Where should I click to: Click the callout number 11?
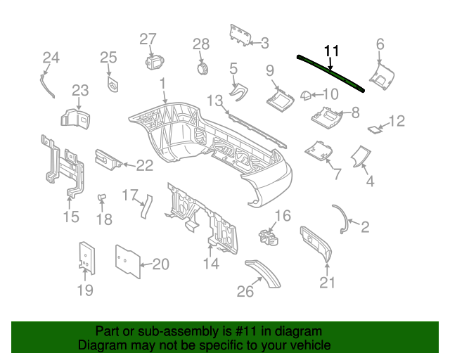[x=331, y=51]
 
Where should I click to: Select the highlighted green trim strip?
[x=331, y=72]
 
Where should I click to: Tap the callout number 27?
[x=147, y=39]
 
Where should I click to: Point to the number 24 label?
[x=51, y=57]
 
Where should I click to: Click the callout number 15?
[x=71, y=217]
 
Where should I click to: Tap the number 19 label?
[x=84, y=289]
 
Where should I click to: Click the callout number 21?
[x=328, y=283]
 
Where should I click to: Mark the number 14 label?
[x=211, y=264]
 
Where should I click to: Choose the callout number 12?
[x=397, y=121]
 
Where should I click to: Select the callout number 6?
[x=380, y=44]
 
